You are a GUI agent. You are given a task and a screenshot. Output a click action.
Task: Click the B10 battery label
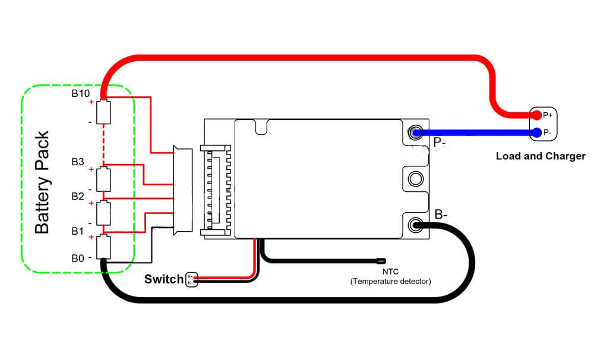pyautogui.click(x=80, y=94)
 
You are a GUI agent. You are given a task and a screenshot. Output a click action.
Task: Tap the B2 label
pyautogui.click(x=78, y=196)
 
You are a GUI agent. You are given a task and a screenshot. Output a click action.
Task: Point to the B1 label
pyautogui.click(x=78, y=231)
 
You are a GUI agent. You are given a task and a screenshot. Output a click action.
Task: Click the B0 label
pyautogui.click(x=78, y=258)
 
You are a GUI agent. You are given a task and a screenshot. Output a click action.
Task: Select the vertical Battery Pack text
pyautogui.click(x=42, y=183)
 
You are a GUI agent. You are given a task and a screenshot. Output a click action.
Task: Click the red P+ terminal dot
pyautogui.click(x=536, y=115)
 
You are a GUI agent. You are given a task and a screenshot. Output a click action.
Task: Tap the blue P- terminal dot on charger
pyautogui.click(x=537, y=132)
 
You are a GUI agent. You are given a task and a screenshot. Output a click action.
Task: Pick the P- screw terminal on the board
pyautogui.click(x=415, y=132)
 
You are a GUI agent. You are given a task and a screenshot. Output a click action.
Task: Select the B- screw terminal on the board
pyautogui.click(x=415, y=225)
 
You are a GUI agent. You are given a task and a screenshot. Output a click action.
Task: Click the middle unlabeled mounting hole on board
pyautogui.click(x=415, y=178)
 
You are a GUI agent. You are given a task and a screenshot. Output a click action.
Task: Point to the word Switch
pyautogui.click(x=163, y=279)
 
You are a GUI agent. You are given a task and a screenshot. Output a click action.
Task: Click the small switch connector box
pyautogui.click(x=191, y=280)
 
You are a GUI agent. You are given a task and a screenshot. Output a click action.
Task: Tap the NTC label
pyautogui.click(x=390, y=271)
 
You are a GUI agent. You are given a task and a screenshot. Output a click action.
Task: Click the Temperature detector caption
pyautogui.click(x=390, y=281)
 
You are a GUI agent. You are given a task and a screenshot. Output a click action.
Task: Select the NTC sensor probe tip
pyautogui.click(x=381, y=260)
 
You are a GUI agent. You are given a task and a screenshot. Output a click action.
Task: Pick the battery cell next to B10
pyautogui.click(x=104, y=112)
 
